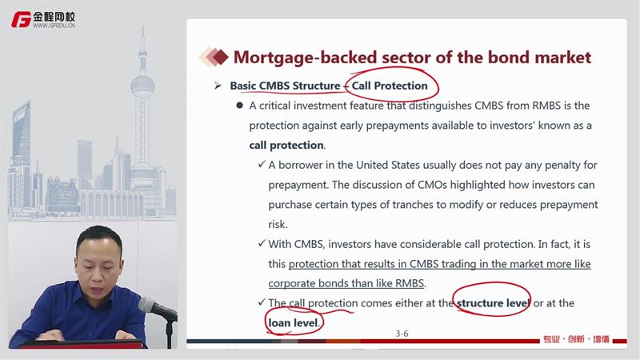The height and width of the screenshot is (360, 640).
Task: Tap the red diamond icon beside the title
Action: [220, 57]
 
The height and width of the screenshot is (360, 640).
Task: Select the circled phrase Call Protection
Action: [390, 86]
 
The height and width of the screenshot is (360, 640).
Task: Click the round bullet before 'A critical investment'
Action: [239, 106]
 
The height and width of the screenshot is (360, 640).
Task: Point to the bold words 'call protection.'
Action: [287, 146]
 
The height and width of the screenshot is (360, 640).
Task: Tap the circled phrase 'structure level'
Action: [493, 303]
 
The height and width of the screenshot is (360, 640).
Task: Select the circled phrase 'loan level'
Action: [293, 323]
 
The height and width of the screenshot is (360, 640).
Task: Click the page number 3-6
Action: [402, 334]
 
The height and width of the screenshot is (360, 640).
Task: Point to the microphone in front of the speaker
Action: [157, 308]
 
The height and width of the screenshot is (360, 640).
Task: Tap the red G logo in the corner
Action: [22, 19]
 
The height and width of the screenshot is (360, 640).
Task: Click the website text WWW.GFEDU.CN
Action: [54, 26]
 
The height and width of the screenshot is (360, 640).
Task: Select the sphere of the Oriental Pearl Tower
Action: [142, 86]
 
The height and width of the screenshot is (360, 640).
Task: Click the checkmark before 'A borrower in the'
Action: [262, 164]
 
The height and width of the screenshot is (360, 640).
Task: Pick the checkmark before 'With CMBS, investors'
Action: [262, 243]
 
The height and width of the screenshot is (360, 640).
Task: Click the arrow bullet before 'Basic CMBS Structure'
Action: [218, 86]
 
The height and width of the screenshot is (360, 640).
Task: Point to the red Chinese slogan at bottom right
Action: [576, 338]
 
